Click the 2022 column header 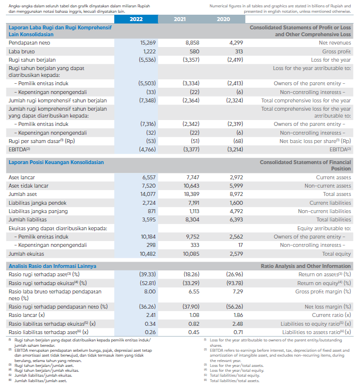136,19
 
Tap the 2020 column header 223,19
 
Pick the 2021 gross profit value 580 194,51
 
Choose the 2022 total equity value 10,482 148,254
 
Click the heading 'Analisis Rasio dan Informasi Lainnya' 52,266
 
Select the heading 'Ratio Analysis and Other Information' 306,266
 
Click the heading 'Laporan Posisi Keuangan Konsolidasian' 56,162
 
